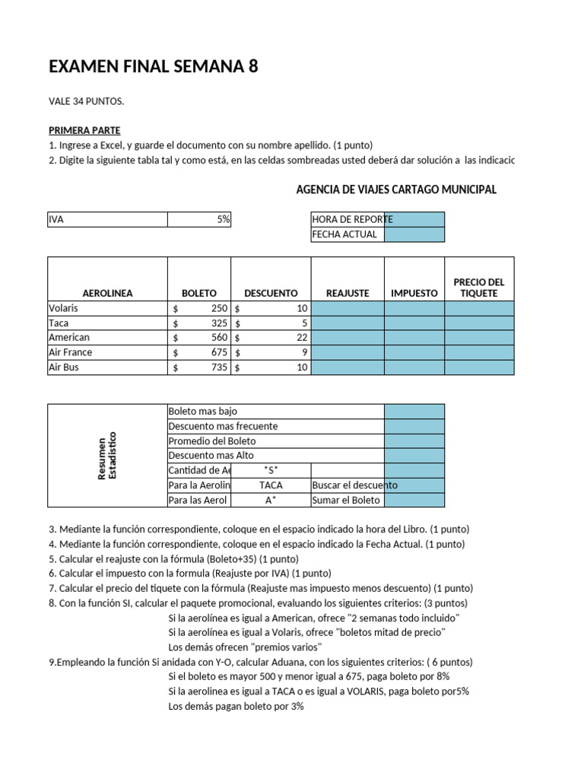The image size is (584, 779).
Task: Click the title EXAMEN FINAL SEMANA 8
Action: click(x=154, y=67)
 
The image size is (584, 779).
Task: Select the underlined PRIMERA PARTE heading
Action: click(x=84, y=130)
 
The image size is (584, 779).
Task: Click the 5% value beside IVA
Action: click(x=223, y=219)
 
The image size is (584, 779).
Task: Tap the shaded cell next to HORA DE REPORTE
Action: click(x=414, y=219)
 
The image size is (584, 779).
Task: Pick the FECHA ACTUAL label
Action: click(x=344, y=234)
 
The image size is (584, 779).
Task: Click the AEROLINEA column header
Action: click(x=107, y=293)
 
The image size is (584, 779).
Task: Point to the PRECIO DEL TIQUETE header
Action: click(x=478, y=287)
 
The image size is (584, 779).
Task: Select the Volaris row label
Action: click(x=64, y=308)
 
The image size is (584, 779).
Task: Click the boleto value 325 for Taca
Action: click(x=218, y=323)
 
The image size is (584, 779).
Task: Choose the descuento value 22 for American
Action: click(x=301, y=337)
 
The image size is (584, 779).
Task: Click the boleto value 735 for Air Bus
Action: click(x=218, y=367)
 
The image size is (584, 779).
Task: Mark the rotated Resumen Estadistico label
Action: click(x=106, y=456)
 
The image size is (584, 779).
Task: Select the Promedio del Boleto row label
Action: click(x=212, y=440)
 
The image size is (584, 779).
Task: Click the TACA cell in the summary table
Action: click(x=271, y=485)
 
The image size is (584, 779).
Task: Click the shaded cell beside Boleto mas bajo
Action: click(x=414, y=412)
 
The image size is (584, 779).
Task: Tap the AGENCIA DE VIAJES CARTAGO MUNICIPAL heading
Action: click(x=396, y=189)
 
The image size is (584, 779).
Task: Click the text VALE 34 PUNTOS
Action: click(x=86, y=101)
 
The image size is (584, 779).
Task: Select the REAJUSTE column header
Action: click(x=348, y=293)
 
